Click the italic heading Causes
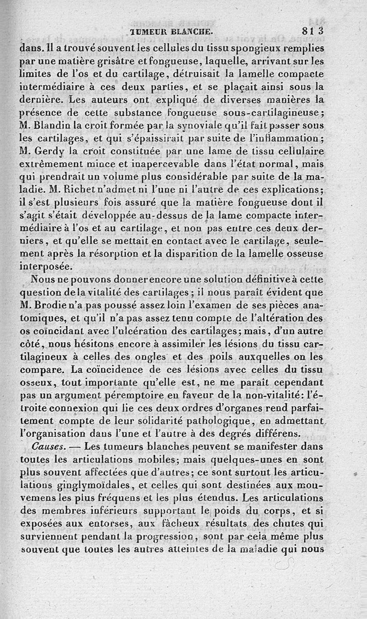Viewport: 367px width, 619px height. (48, 446)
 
